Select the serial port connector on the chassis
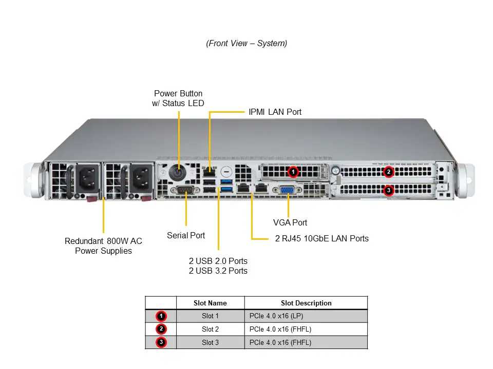coord(185,190)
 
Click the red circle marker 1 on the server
coord(293,172)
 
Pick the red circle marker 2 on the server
coord(389,172)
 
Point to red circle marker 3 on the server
coord(389,190)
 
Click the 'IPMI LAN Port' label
coord(275,112)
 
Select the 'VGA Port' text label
coord(290,222)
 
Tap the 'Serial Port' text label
coord(186,235)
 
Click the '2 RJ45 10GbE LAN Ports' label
coord(321,238)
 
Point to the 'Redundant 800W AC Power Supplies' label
coord(103,246)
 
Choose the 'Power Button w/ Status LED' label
coord(178,98)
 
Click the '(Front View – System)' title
coord(246,44)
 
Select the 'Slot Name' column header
coord(210,303)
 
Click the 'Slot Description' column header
coord(306,303)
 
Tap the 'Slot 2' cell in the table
coord(210,329)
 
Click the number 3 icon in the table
coord(161,342)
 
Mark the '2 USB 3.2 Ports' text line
coord(218,271)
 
